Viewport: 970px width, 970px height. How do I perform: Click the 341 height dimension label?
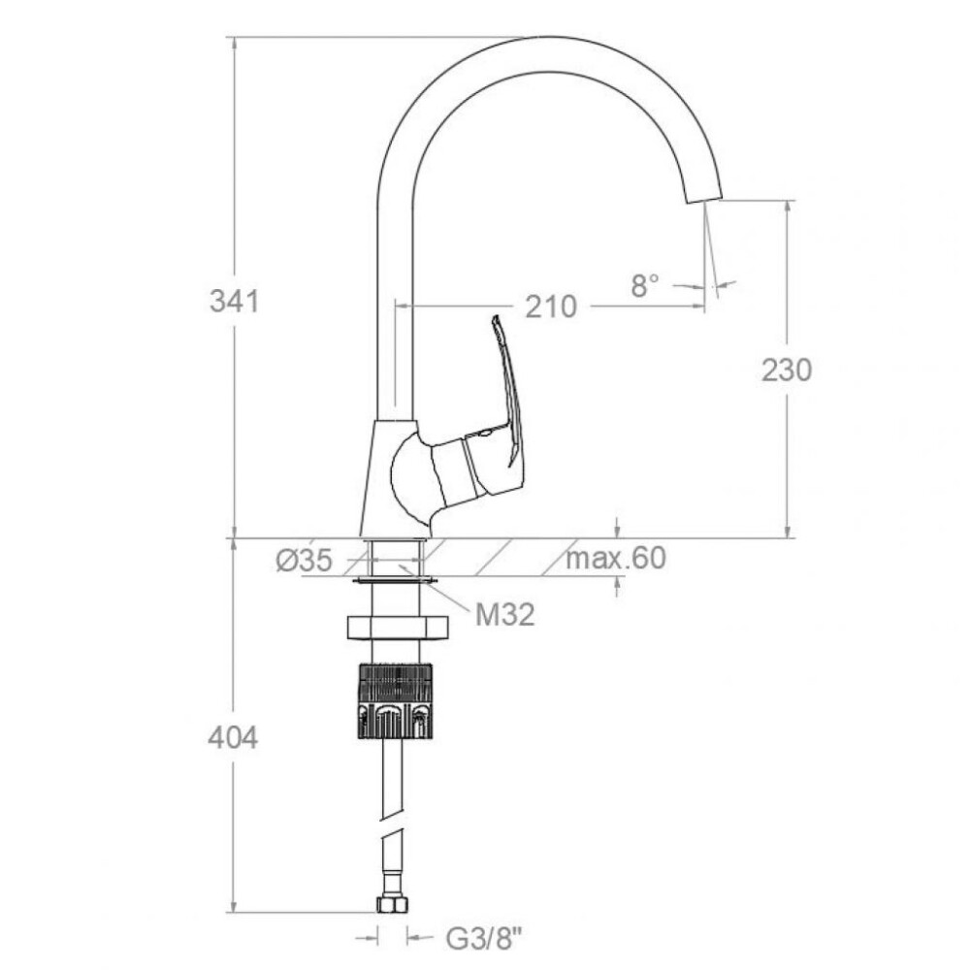(235, 302)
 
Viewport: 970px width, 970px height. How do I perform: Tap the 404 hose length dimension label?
(233, 737)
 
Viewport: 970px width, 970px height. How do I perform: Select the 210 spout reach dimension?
(551, 307)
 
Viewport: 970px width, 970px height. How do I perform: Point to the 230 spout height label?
(786, 370)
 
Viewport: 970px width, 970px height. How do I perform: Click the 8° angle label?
(646, 286)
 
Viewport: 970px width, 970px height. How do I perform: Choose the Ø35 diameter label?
(304, 561)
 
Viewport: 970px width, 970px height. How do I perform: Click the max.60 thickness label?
(616, 558)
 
